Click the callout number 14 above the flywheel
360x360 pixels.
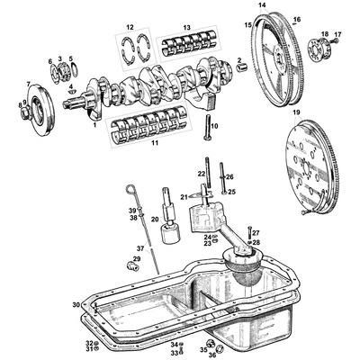(262, 5)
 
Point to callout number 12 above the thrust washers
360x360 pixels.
(130, 28)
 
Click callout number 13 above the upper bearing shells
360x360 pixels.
(186, 28)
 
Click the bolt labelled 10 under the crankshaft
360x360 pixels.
(206, 125)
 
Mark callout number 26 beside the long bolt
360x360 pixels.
(230, 176)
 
